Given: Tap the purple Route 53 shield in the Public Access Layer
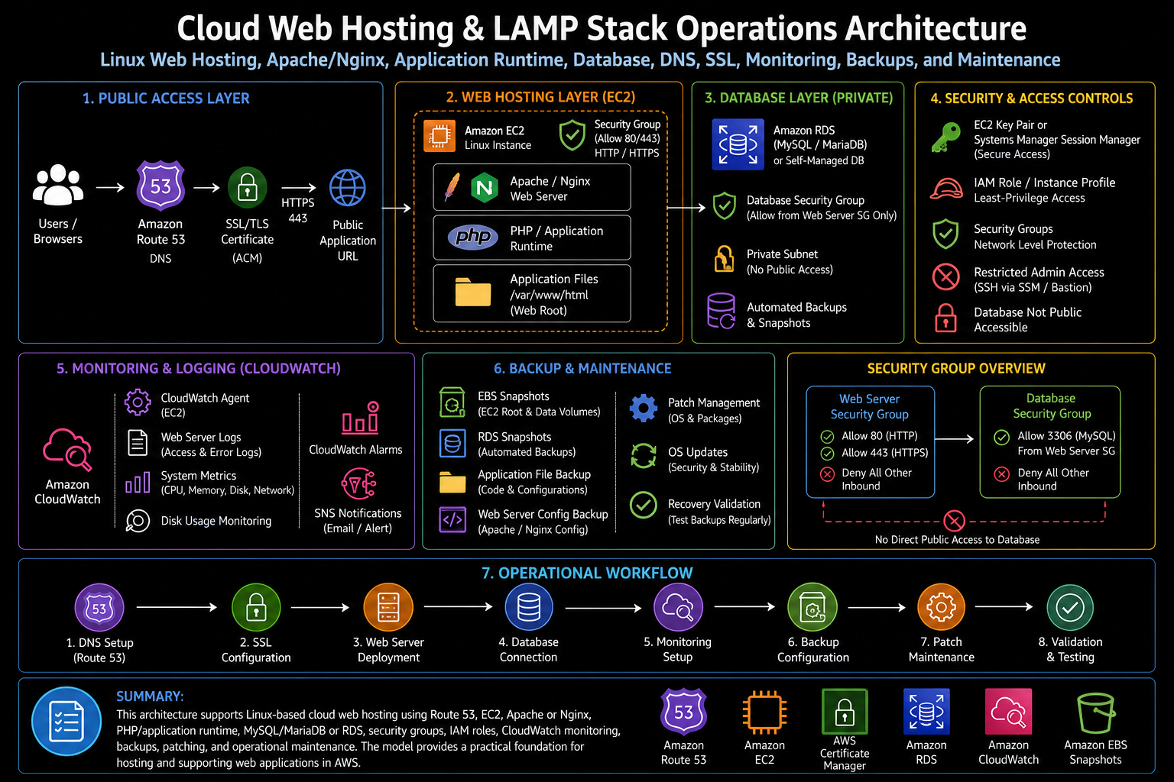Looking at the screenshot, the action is [161, 186].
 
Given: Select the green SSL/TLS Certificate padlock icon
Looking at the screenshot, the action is [248, 187].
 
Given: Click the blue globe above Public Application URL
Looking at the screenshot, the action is [348, 188].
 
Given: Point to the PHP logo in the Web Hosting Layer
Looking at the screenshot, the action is [473, 238].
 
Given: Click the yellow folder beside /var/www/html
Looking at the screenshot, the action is [473, 292].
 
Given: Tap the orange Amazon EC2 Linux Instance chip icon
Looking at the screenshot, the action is [439, 136].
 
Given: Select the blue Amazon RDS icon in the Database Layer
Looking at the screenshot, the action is [738, 144].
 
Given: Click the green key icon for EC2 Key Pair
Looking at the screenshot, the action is [946, 137].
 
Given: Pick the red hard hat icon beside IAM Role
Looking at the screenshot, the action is [946, 189].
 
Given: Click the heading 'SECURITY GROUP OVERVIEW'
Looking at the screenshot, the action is [956, 369].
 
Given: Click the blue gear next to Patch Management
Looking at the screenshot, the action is [643, 409].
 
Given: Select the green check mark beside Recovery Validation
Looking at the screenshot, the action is [644, 506].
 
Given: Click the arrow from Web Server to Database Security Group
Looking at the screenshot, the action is [955, 439].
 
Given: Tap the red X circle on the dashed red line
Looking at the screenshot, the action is [954, 521].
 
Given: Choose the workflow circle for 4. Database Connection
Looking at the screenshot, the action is [528, 608].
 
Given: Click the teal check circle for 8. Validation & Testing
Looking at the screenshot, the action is [1070, 608].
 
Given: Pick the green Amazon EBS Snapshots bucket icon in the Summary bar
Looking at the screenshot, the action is [1095, 713].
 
